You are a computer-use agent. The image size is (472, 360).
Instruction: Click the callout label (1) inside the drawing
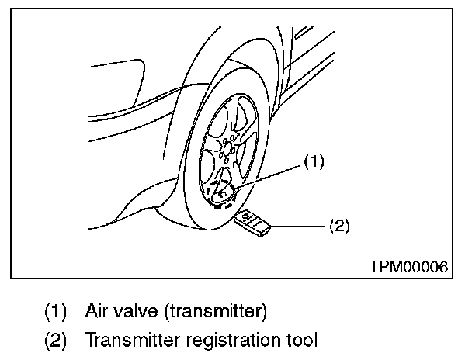point(312,162)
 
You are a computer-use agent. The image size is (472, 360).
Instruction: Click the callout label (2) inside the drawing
point(340,227)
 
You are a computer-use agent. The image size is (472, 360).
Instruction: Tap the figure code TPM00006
point(408,266)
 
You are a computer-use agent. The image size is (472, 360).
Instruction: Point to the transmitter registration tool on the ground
point(253,222)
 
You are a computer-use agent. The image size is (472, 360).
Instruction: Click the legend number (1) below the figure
point(55,312)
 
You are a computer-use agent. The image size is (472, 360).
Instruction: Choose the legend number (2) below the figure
point(55,340)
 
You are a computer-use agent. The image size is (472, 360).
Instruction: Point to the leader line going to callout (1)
point(268,177)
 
